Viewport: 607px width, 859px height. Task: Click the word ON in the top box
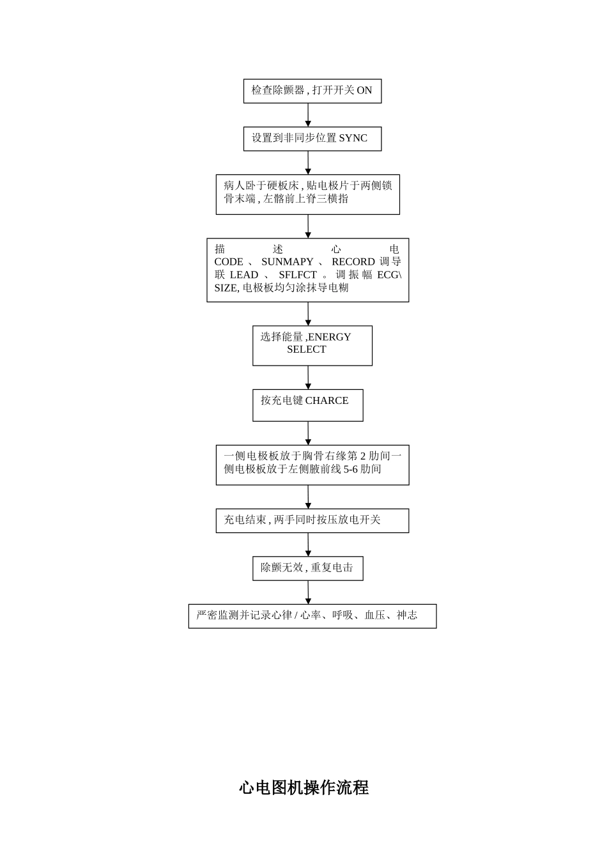[364, 91]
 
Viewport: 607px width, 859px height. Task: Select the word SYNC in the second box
[353, 139]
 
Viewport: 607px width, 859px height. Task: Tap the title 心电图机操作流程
[304, 787]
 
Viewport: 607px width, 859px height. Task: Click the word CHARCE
[327, 401]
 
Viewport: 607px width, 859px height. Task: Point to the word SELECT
[306, 350]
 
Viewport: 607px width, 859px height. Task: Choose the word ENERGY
[329, 337]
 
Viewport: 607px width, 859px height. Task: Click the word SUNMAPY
[287, 262]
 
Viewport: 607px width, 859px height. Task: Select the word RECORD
[353, 262]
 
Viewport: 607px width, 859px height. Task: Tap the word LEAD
[243, 275]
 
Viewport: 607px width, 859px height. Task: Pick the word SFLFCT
[297, 275]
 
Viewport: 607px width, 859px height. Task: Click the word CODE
[228, 262]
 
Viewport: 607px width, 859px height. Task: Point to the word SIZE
[226, 288]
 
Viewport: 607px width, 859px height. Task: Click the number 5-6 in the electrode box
[351, 469]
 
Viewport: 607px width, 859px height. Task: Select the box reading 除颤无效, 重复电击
[307, 568]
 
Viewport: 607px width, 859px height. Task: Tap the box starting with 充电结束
[312, 520]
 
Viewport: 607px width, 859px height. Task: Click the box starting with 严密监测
[312, 616]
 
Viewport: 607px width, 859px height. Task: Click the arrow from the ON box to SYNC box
[308, 115]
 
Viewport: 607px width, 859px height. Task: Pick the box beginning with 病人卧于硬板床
[307, 194]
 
